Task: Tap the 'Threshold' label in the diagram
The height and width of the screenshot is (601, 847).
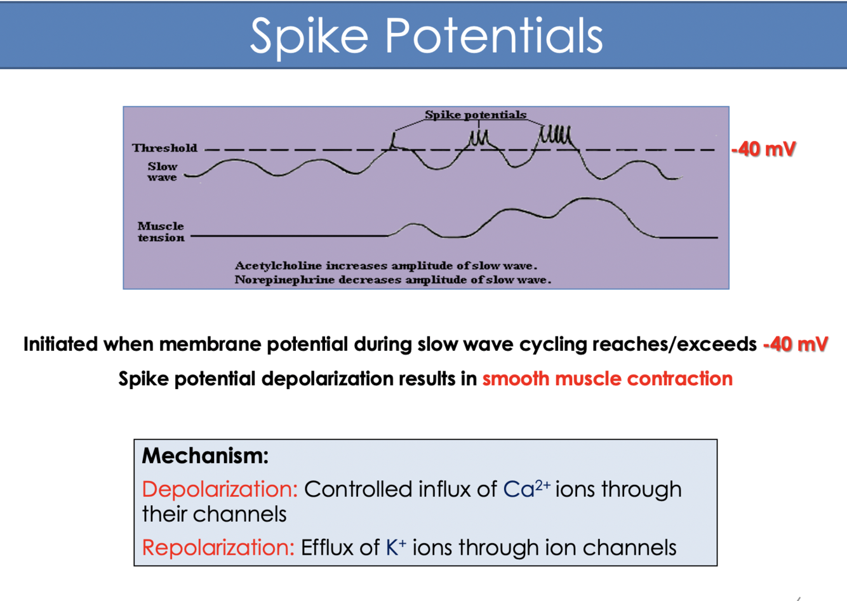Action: [x=164, y=148]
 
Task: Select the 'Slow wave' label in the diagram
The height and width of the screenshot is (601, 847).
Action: [x=163, y=171]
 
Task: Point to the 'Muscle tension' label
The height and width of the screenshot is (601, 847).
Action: [x=161, y=232]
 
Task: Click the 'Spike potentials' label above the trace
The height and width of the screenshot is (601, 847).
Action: [x=476, y=115]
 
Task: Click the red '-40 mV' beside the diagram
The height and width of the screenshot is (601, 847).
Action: [x=763, y=149]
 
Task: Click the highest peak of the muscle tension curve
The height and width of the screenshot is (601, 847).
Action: [x=587, y=200]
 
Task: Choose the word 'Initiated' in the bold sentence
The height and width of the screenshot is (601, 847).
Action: [x=61, y=344]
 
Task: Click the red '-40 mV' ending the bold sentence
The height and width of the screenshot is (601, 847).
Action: [x=796, y=344]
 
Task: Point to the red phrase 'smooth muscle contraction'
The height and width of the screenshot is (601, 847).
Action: [x=607, y=379]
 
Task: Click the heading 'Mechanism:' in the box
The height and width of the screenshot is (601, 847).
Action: [x=205, y=456]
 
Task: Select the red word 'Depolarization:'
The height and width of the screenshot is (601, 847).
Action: [x=220, y=489]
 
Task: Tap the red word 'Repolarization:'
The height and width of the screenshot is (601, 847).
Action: [x=218, y=547]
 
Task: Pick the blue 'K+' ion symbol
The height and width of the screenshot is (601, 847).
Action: [x=396, y=547]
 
